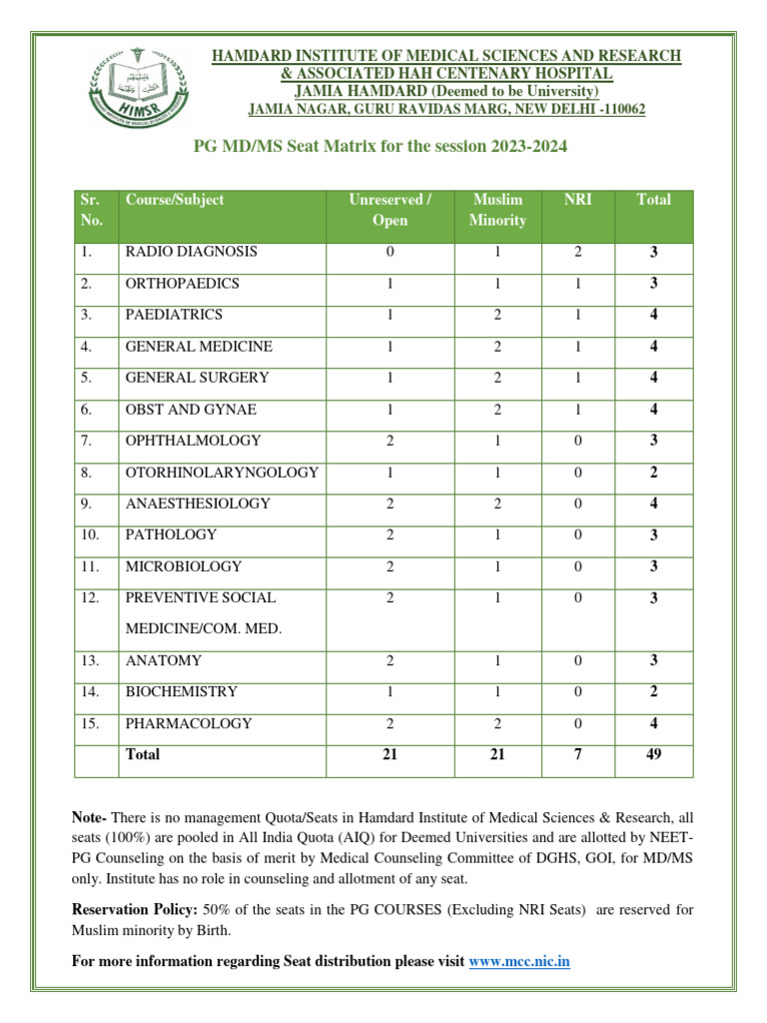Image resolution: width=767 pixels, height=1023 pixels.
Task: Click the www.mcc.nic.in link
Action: [519, 961]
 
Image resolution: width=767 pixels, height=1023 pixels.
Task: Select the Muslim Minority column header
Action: [496, 210]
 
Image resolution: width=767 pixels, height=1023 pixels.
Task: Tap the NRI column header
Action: [577, 200]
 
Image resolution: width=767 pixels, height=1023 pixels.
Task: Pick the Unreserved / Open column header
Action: [389, 210]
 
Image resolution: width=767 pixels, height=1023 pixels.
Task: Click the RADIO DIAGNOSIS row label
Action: [191, 252]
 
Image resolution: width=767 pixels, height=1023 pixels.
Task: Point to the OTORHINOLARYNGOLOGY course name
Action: [222, 473]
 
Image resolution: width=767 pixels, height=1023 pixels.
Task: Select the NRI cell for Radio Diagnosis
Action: [577, 252]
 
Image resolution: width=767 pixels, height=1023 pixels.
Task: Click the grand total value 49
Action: [653, 755]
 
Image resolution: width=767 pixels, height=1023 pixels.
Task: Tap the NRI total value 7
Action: [577, 755]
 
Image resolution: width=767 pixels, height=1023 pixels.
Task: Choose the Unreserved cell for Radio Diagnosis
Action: [389, 252]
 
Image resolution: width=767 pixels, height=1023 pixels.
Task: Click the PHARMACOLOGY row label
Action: [189, 723]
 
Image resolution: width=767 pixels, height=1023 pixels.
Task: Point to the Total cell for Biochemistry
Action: [653, 691]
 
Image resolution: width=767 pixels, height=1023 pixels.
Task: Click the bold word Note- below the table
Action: [93, 818]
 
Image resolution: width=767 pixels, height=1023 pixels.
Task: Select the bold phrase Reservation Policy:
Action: [135, 910]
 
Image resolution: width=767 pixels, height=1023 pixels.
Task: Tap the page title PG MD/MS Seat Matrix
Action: [380, 147]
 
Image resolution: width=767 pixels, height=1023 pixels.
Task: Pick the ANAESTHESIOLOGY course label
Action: [198, 504]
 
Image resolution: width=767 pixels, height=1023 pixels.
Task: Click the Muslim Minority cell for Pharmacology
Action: [496, 723]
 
